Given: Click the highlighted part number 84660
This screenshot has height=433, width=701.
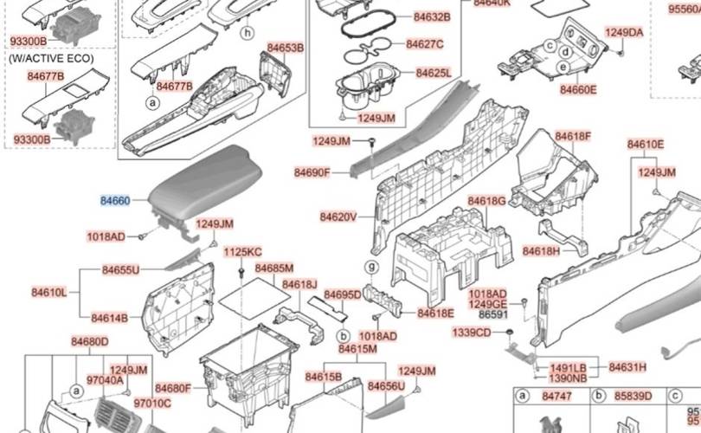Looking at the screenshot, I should (x=115, y=201).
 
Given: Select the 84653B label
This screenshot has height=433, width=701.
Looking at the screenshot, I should (x=285, y=48).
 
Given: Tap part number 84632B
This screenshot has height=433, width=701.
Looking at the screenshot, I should (x=431, y=16).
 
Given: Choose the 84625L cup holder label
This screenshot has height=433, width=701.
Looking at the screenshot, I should (x=433, y=73).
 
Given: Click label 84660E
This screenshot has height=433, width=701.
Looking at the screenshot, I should (x=577, y=89).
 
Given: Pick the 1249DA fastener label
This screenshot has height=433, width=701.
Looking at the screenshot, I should (x=624, y=33).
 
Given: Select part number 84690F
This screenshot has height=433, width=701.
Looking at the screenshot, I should (x=312, y=173).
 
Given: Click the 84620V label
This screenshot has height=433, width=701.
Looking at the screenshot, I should (x=338, y=216).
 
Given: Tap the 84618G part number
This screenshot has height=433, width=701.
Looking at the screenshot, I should (x=486, y=201).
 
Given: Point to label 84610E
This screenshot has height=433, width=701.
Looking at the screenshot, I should (x=646, y=144).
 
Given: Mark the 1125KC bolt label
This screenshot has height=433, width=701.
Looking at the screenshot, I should (x=242, y=252).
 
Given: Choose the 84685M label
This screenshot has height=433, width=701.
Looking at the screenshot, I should (x=274, y=268).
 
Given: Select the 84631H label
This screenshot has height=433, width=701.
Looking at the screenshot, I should (x=627, y=367).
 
